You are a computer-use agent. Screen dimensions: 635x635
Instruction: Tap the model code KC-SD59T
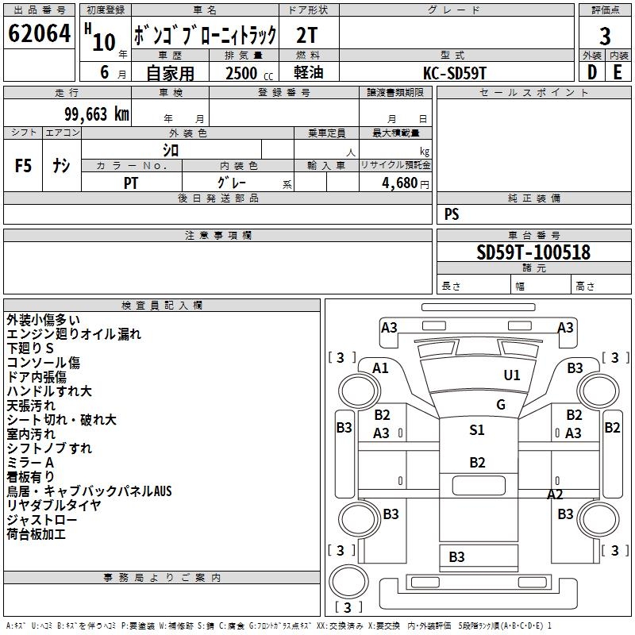point(456,72)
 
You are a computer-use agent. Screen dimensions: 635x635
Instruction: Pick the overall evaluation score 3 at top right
point(605,36)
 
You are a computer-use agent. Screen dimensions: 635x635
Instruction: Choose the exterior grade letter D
point(592,72)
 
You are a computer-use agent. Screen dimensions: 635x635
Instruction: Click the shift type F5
point(24,166)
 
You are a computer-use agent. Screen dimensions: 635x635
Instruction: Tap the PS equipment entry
point(452,214)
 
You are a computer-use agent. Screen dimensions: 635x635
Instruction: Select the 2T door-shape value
point(310,35)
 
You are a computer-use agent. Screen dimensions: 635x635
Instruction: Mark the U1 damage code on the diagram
point(512,375)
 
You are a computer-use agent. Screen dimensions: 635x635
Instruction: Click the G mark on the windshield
point(501,404)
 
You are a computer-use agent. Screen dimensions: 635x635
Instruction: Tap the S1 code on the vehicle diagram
point(477,430)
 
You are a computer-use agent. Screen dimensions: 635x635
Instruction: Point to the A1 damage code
point(381,368)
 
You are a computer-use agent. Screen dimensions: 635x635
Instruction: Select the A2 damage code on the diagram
point(555,494)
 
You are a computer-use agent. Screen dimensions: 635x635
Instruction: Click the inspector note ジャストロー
point(42,520)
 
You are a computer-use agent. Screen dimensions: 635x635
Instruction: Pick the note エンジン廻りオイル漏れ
point(74,334)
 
